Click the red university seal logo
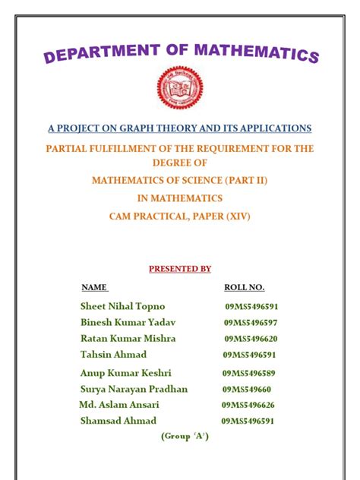(180, 89)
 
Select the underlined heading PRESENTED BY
(180, 269)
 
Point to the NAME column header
(94, 288)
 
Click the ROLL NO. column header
(244, 288)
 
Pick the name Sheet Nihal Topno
(122, 306)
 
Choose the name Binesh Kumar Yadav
(128, 322)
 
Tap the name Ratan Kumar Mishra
(128, 338)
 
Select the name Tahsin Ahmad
(113, 355)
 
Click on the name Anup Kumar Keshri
(126, 373)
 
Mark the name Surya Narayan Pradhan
(134, 389)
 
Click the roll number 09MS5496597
(251, 323)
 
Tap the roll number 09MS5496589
(248, 374)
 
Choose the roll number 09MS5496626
(248, 406)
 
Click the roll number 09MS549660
(246, 390)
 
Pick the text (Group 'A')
(185, 437)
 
